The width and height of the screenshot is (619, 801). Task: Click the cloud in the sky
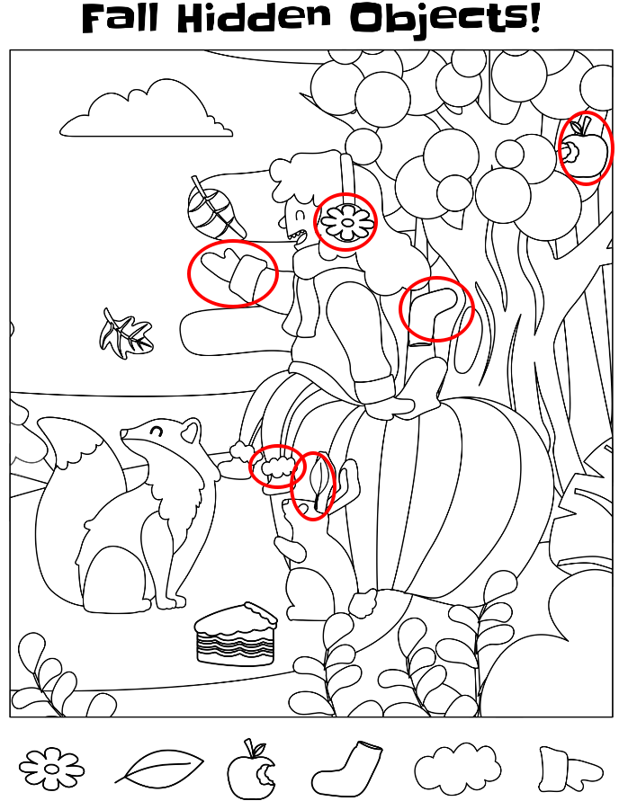tap(146, 109)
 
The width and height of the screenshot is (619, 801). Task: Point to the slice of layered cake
tap(236, 634)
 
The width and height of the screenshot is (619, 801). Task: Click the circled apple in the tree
tap(584, 147)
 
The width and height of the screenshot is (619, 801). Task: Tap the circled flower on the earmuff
tap(346, 223)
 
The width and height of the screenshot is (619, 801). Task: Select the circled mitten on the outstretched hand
tap(233, 272)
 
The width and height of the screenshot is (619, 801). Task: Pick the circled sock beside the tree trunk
tap(434, 312)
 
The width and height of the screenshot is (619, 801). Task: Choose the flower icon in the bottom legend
tap(51, 768)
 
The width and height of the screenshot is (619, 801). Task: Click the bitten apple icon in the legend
tap(251, 770)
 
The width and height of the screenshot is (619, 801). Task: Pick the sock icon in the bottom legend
tap(348, 767)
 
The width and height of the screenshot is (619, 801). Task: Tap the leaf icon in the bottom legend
tap(158, 766)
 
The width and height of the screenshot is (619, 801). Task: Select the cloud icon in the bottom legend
tap(457, 767)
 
